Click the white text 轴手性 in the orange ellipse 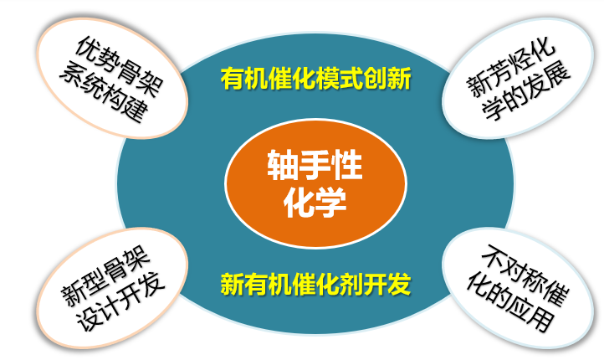[x=315, y=165]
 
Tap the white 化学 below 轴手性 [x=315, y=202]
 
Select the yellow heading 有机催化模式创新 [x=316, y=78]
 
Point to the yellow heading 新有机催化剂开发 [x=316, y=285]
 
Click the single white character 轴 [x=283, y=165]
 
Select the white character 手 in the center [x=315, y=165]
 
